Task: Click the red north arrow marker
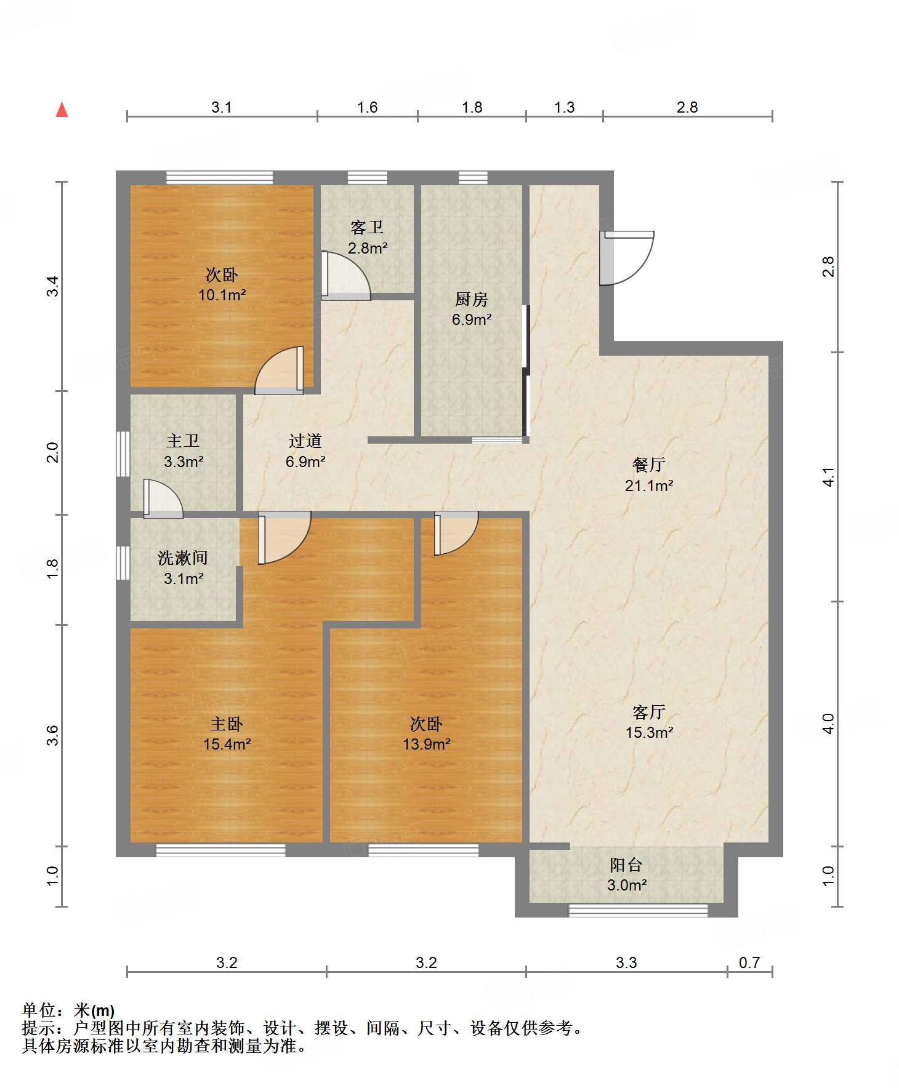62,110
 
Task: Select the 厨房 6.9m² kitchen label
472,309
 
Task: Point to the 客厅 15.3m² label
649,722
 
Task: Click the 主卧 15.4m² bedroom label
227,734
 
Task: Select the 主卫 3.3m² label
183,450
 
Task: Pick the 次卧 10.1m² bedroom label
222,284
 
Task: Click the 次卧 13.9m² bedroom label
426,734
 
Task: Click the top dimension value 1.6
367,108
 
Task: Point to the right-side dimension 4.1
828,477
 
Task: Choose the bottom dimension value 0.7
749,962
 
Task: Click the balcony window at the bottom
638,910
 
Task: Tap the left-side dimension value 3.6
53,735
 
